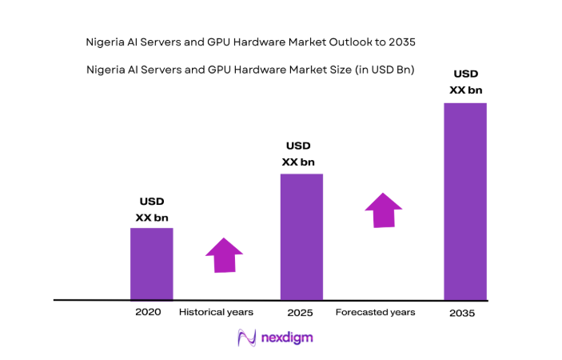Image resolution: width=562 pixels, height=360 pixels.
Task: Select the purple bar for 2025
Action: point(301,237)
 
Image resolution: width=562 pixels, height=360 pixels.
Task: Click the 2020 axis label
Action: point(149,312)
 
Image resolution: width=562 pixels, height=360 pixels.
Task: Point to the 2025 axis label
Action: point(301,313)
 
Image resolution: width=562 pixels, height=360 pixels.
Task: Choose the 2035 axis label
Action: point(461,314)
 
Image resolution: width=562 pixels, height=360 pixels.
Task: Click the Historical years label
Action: point(216,312)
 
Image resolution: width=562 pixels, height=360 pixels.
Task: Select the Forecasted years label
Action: point(375,312)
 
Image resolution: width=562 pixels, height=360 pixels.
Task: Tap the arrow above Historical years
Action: point(224,255)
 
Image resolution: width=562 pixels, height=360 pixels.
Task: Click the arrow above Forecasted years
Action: point(384,210)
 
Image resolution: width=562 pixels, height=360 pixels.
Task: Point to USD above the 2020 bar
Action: point(152,202)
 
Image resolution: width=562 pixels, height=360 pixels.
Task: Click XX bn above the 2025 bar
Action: point(301,161)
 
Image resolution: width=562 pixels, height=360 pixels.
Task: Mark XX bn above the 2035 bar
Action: point(466,90)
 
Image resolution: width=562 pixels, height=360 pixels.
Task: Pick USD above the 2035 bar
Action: point(466,74)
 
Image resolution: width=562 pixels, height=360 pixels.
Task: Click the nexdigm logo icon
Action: point(246,338)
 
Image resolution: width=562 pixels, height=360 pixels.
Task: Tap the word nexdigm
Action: point(287,338)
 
